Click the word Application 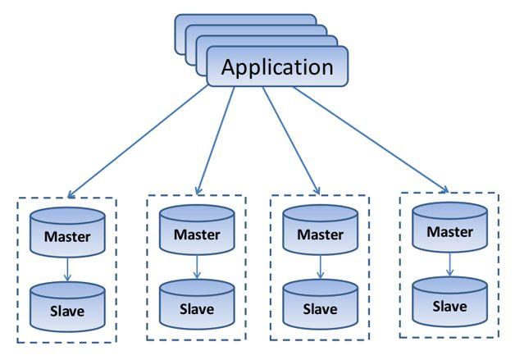coord(278,66)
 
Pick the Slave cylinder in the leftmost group coord(67,311)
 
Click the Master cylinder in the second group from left coord(197,233)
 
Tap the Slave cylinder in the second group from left coord(197,308)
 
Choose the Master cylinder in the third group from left coord(320,235)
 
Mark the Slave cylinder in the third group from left coord(320,309)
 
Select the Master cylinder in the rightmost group coord(449,231)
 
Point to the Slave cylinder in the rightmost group coord(449,306)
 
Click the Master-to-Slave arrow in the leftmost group coord(67,268)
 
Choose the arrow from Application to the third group coord(292,139)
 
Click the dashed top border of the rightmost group coord(449,194)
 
